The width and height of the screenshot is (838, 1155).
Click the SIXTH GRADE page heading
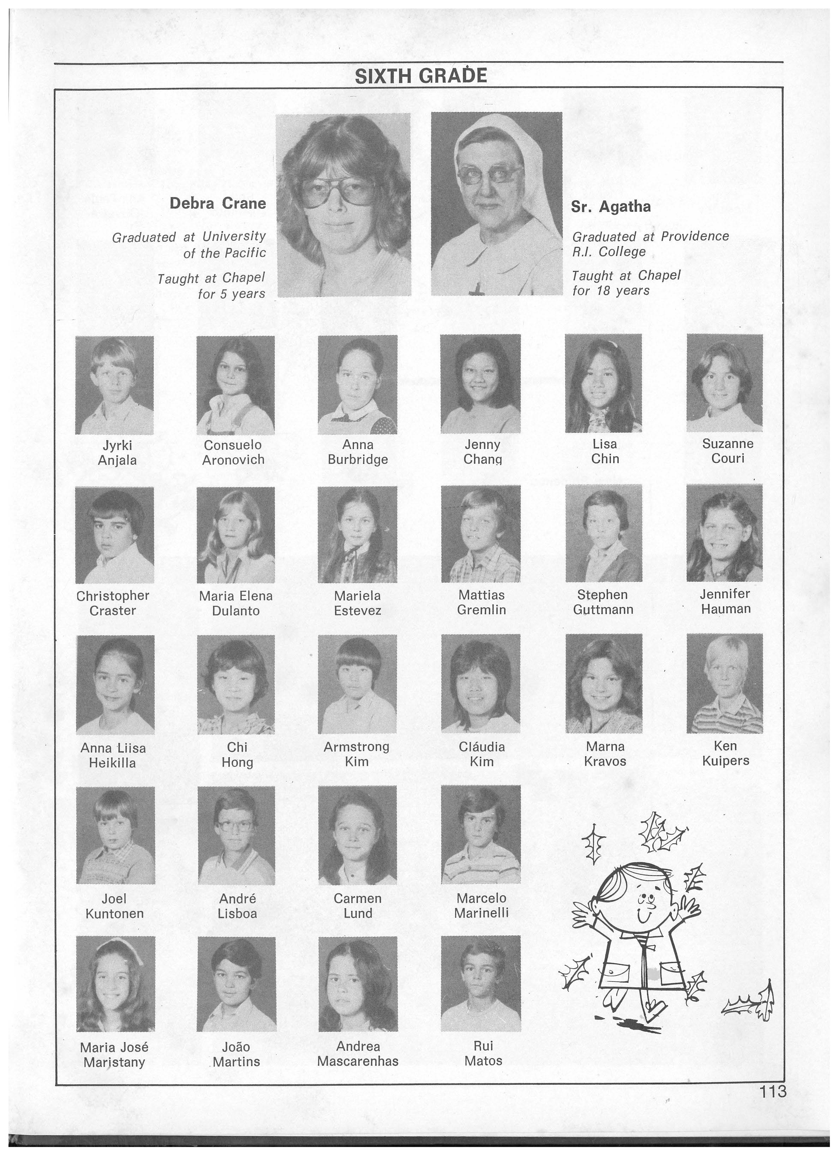click(x=420, y=76)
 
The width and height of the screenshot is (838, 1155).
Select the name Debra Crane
click(x=217, y=204)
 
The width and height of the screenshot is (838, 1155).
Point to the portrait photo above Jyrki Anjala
click(x=115, y=385)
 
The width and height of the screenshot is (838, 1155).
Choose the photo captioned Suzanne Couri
click(x=724, y=383)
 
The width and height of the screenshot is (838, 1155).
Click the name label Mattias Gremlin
click(x=481, y=602)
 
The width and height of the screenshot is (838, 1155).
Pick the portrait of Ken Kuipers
click(x=724, y=683)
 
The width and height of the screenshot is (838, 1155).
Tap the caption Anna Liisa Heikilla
click(x=113, y=755)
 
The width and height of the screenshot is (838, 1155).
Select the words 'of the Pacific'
click(x=225, y=254)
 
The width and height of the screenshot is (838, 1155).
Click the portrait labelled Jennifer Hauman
click(x=724, y=533)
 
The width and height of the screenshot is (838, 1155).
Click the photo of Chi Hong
click(x=236, y=684)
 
